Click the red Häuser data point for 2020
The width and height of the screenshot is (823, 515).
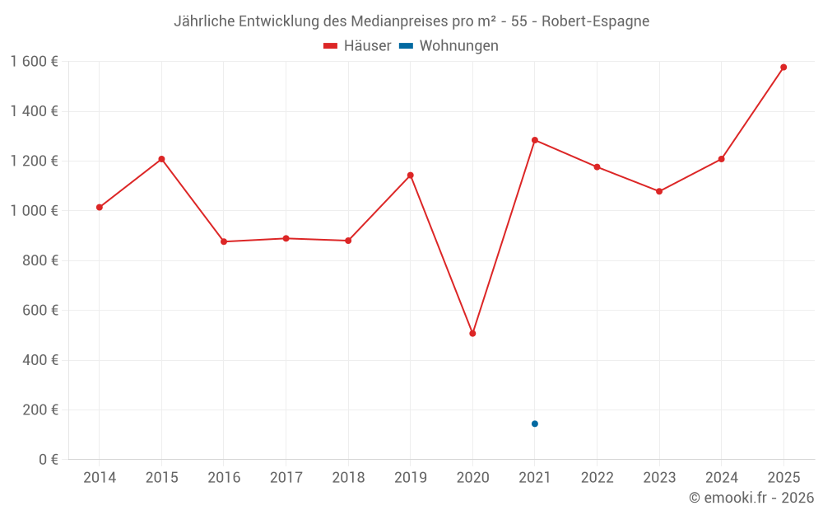point(472,334)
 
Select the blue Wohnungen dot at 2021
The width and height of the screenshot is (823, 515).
point(535,424)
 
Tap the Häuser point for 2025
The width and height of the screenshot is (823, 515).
point(783,68)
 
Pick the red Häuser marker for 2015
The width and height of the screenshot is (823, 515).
point(161,159)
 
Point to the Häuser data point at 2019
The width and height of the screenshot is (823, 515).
point(410,176)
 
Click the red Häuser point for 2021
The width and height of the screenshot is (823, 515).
point(535,140)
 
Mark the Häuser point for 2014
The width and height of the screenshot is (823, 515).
point(100,208)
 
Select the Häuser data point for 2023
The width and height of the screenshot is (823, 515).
point(659,191)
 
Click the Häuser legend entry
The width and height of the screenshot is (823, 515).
point(357,46)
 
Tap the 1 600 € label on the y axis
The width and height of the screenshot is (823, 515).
point(34,62)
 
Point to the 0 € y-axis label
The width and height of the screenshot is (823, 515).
point(47,460)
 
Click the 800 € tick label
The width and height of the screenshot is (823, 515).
point(39,260)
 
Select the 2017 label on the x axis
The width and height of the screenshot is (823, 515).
point(286,478)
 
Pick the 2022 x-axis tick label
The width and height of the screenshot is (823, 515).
point(597,478)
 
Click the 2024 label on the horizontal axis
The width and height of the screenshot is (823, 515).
point(721,478)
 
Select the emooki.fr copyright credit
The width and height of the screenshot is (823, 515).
point(751,498)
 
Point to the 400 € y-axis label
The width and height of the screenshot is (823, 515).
point(39,360)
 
